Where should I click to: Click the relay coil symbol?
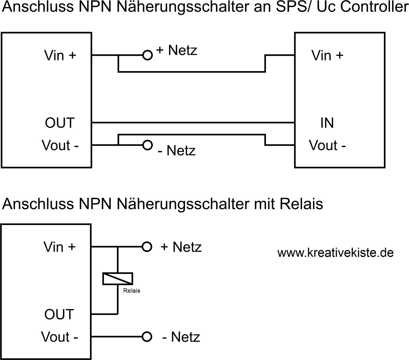118,278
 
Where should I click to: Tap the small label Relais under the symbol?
132,291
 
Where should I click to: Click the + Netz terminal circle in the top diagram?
148,55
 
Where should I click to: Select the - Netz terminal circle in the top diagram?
148,145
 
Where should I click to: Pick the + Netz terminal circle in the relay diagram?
147,247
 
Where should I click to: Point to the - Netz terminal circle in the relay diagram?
147,337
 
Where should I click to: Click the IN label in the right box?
327,123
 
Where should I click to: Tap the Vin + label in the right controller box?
327,55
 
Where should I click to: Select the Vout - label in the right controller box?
327,145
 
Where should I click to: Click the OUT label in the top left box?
60,123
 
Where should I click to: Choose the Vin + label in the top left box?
60,55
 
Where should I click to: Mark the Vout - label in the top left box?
60,145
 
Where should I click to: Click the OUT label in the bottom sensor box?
59,314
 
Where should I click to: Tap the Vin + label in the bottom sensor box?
60,247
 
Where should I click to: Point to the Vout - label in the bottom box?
60,337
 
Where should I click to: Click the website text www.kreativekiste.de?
335,253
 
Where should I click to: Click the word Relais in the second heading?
301,204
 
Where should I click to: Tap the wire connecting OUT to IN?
193,123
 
